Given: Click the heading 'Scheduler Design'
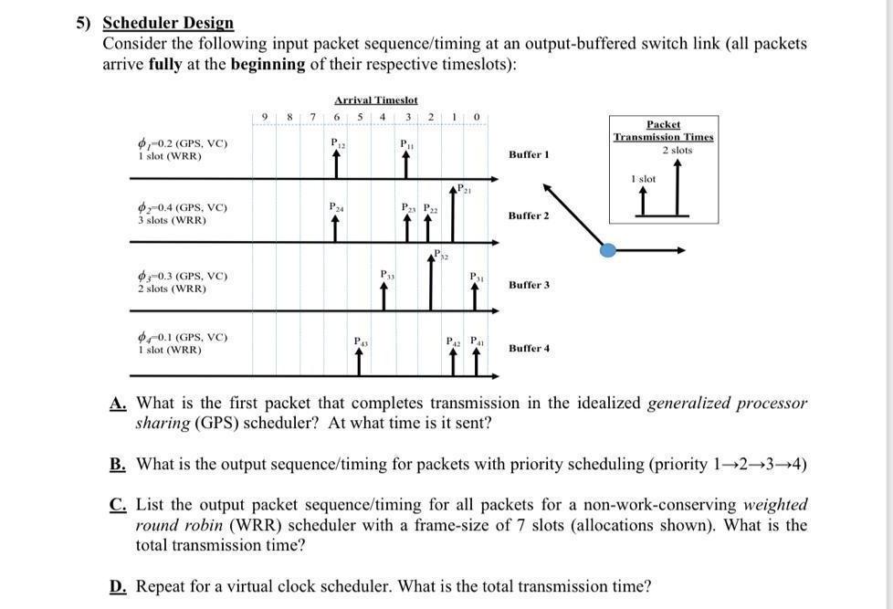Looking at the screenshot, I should click(x=168, y=23).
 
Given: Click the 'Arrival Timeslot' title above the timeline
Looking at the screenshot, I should click(x=375, y=100).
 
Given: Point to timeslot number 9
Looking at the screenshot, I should click(x=264, y=116).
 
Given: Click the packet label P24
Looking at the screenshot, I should click(x=337, y=207).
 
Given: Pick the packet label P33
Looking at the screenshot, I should click(x=387, y=273).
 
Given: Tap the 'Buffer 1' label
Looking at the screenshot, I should click(x=529, y=155).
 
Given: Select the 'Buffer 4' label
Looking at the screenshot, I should click(x=529, y=348).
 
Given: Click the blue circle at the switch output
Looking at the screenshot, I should click(x=608, y=249).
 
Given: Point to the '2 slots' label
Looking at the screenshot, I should click(x=677, y=151).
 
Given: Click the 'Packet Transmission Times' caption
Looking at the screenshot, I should click(x=664, y=131).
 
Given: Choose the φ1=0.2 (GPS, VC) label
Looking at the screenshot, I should click(x=183, y=143).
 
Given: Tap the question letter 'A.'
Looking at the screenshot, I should click(x=117, y=404).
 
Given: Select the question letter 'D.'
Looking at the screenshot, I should click(x=117, y=586).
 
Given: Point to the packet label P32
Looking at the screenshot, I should click(x=441, y=255).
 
